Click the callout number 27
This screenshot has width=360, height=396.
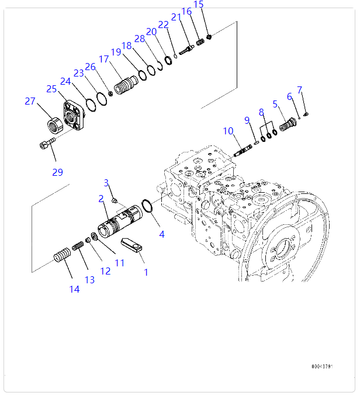coord(30,101)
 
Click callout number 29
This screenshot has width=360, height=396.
coord(57,172)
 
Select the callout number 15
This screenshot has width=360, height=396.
coord(199,5)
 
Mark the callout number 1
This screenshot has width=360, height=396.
coord(146,272)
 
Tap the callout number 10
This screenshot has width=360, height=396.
coord(227,131)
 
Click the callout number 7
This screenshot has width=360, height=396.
coord(300,90)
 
